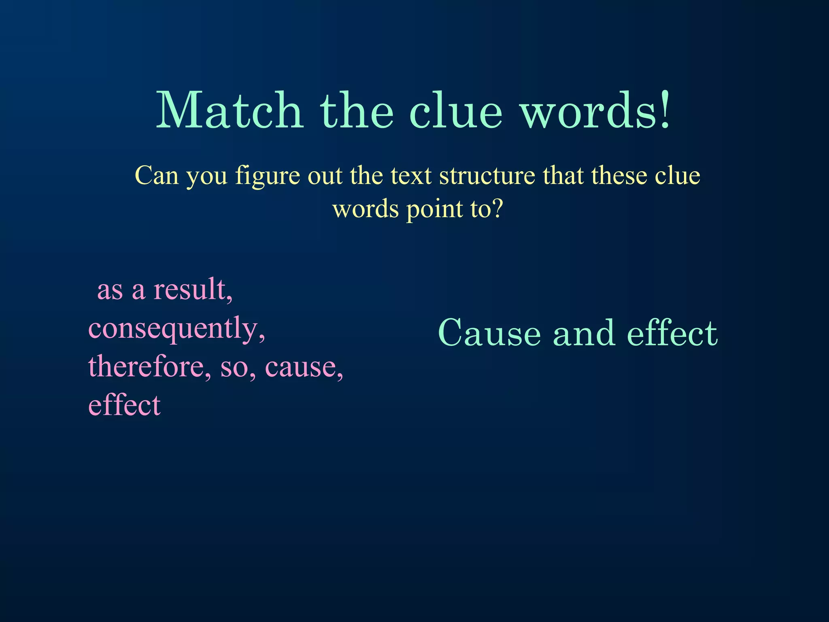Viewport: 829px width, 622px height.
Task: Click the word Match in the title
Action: coord(230,110)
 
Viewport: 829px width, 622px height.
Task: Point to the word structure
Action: coord(487,177)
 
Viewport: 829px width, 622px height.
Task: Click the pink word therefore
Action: coord(149,366)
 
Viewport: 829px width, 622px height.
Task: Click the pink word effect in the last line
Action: coord(124,405)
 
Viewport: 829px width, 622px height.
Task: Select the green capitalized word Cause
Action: coord(489,333)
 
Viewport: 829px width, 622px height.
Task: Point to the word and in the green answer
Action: coord(584,333)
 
